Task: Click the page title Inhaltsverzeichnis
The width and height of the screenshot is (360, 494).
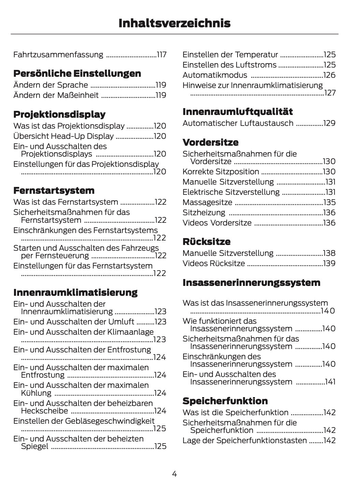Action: (174, 23)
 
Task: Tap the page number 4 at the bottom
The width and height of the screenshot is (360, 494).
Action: (174, 474)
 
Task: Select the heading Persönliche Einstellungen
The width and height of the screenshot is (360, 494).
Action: (77, 74)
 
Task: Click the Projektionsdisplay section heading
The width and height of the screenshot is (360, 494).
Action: (59, 114)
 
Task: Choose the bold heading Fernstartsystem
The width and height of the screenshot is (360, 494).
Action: (54, 190)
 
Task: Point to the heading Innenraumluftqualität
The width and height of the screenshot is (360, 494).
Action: (237, 112)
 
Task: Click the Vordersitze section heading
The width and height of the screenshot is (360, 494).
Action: (211, 142)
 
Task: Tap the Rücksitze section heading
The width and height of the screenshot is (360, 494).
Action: (206, 242)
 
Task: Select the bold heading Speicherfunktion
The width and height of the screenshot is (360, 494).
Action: (225, 401)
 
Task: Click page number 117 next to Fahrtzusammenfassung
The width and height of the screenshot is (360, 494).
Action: (161, 55)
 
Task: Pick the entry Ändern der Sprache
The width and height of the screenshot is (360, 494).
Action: (51, 85)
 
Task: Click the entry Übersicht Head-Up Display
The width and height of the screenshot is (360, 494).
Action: (63, 136)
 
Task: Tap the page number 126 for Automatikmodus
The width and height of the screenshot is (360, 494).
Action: (329, 75)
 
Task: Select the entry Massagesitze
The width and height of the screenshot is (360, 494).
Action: (207, 202)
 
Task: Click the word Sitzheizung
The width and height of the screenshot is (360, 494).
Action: (204, 213)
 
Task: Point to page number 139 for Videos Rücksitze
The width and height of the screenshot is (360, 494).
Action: (329, 263)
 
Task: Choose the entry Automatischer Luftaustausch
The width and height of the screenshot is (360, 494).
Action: (238, 123)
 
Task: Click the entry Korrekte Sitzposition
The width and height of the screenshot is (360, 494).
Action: (221, 172)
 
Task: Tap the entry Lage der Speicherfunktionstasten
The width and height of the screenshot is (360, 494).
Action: (245, 440)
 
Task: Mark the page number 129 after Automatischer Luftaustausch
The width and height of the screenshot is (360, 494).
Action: (329, 123)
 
